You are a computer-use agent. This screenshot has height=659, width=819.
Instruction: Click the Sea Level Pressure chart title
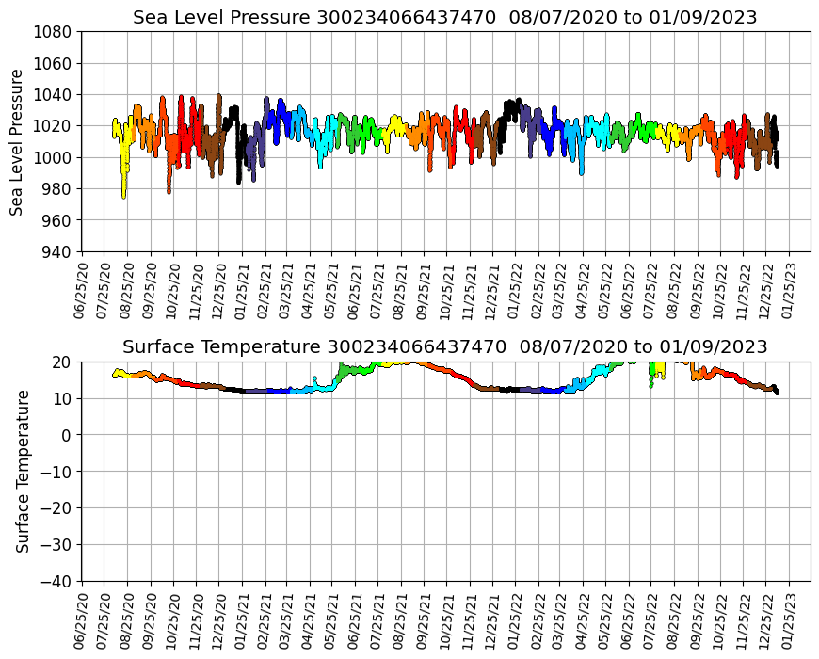coord(445,18)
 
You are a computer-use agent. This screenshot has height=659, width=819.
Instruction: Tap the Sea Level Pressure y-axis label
coord(17,141)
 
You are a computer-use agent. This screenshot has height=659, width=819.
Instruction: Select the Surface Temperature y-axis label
coord(23,471)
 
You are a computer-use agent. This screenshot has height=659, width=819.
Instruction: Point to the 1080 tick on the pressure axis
coord(55,31)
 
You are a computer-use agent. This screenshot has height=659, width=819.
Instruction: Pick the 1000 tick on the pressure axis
coord(55,157)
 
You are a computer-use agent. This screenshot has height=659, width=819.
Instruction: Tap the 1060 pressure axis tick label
coord(55,63)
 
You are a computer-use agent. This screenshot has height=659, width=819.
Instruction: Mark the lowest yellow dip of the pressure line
coord(123,196)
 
